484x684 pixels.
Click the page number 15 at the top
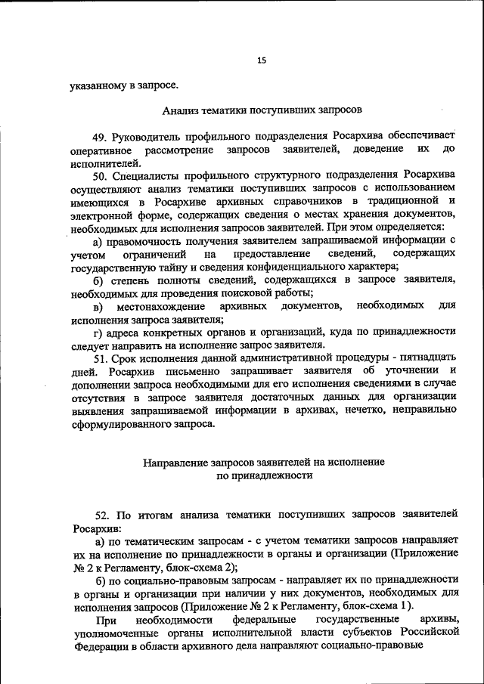point(262,60)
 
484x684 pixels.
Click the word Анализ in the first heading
point(181,110)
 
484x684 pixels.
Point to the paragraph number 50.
point(101,175)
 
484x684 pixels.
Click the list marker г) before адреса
point(98,332)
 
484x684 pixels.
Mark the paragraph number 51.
point(101,357)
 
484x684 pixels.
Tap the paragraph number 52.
point(101,514)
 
